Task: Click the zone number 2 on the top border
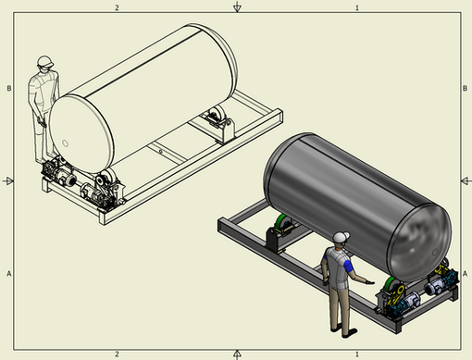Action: coord(117,7)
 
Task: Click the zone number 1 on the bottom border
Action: coord(357,354)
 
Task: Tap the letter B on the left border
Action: coord(9,88)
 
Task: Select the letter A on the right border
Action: coord(465,274)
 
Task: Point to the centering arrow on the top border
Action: coord(237,6)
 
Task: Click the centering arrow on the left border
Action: coord(7,180)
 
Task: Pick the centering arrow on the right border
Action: coord(466,180)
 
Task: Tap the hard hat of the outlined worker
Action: coord(45,61)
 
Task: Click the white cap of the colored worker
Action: coord(341,237)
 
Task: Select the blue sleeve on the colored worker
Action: coord(348,266)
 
